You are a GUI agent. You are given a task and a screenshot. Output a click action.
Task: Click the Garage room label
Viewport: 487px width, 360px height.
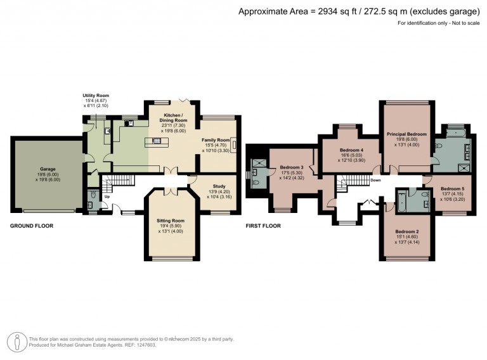48,169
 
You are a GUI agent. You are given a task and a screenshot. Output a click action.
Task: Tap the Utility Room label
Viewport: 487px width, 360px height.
96,96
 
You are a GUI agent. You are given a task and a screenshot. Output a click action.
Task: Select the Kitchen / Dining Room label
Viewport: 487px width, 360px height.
173,118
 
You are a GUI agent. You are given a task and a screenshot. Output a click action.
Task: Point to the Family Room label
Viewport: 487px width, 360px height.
216,140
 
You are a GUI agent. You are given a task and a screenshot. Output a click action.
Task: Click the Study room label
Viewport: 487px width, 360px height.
219,186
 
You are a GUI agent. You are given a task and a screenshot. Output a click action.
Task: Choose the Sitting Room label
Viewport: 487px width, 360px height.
171,221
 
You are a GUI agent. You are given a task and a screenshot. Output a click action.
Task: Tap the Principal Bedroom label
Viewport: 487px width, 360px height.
406,134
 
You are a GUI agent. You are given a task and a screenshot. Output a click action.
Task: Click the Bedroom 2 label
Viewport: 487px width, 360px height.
407,231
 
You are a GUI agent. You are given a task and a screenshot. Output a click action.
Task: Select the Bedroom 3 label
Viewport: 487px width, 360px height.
292,167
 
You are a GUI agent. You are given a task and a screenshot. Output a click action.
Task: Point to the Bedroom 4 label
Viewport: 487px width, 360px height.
351,150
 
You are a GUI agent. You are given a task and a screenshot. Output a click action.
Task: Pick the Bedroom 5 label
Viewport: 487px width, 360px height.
452,189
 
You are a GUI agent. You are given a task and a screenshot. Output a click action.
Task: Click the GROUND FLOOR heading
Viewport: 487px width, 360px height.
32,226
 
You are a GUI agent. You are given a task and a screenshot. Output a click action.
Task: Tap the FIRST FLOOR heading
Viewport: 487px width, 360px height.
263,226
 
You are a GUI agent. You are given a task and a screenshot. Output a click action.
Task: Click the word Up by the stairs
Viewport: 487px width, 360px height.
107,196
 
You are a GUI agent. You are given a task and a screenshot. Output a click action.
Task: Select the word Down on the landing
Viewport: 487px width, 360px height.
375,180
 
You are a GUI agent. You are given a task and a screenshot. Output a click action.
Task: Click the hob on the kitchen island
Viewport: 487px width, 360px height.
157,141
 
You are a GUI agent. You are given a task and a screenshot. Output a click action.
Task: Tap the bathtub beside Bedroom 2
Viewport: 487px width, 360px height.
400,201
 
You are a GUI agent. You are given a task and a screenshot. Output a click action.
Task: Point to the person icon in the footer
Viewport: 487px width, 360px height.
17,342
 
